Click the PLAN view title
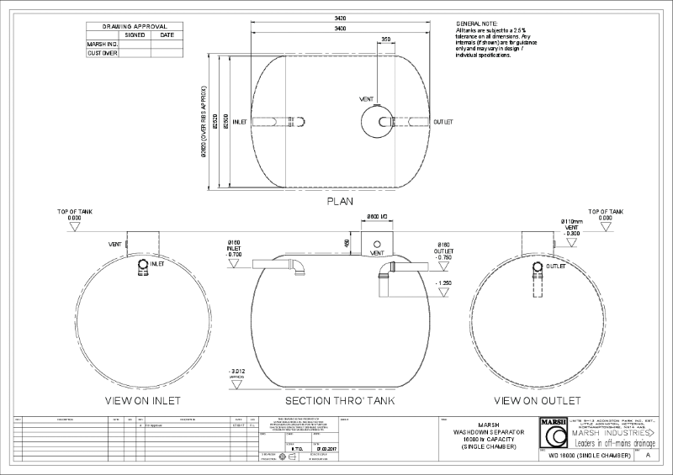339,202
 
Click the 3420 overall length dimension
339,18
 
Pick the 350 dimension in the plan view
385,39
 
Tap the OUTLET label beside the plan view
443,122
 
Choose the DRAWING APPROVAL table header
134,27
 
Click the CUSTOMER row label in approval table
103,52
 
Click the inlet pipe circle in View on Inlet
142,265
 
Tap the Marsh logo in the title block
553,434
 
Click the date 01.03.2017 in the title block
323,449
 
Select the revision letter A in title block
648,454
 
